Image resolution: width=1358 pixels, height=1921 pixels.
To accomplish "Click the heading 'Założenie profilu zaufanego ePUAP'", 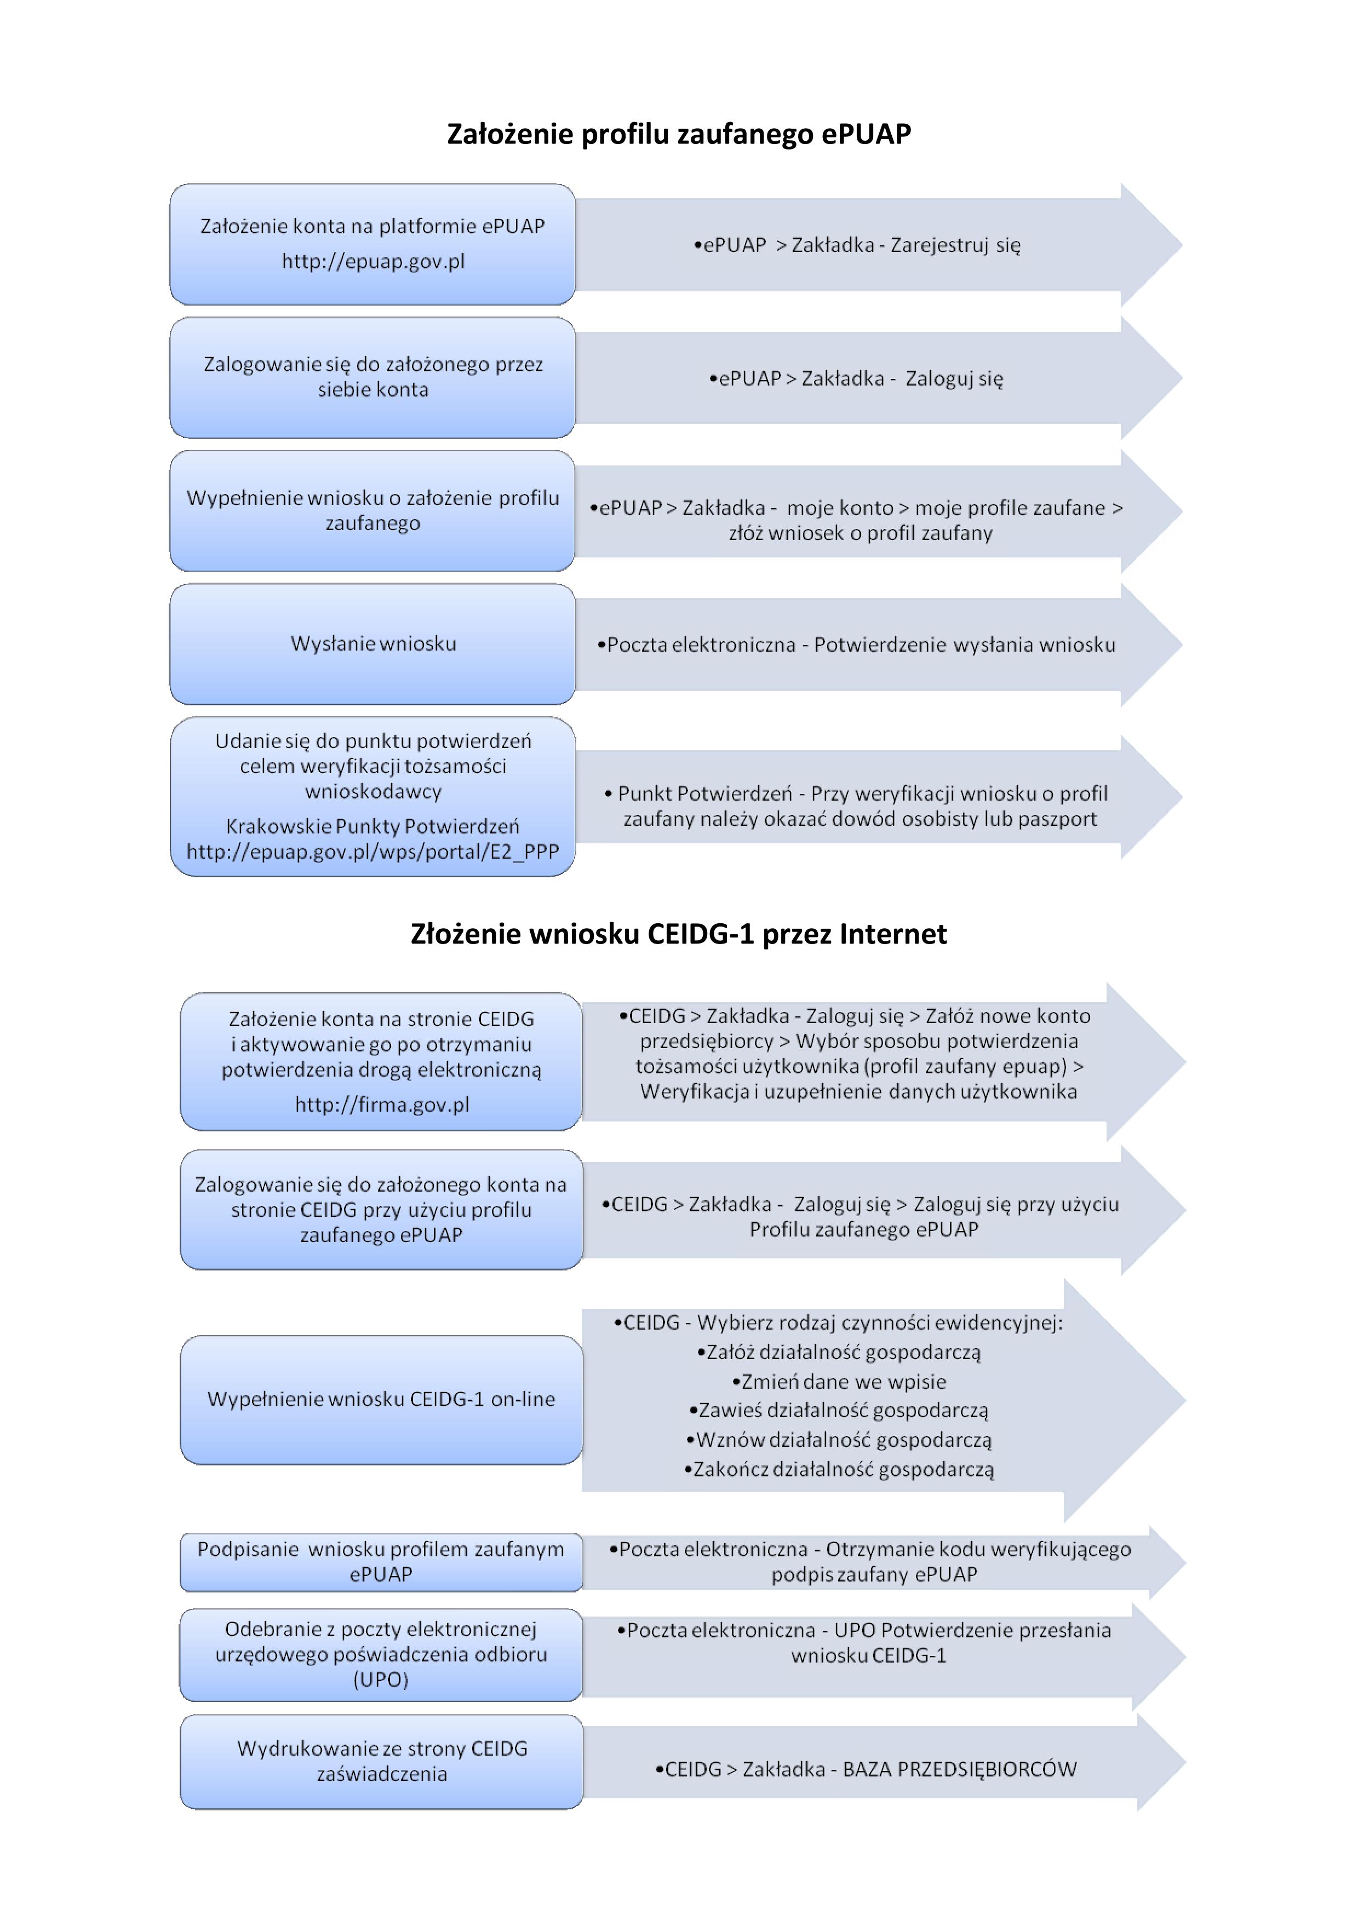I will (679, 134).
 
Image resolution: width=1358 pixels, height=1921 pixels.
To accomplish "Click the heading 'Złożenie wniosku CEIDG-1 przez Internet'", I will (679, 934).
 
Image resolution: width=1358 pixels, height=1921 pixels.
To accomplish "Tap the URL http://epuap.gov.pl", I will (373, 261).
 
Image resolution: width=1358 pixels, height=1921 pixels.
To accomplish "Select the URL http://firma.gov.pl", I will (382, 1105).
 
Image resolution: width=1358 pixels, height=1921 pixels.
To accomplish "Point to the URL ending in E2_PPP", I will (373, 852).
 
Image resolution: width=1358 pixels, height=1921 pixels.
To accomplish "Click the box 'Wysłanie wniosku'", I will (373, 643).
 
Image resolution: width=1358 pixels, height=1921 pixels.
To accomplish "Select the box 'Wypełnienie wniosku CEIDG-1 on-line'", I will (382, 1399).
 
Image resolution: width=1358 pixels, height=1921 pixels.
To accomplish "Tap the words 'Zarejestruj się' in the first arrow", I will (955, 245).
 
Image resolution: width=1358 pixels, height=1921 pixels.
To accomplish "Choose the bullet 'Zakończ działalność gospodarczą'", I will (839, 1469).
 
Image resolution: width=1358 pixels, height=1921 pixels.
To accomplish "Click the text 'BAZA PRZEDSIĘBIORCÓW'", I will (960, 1769).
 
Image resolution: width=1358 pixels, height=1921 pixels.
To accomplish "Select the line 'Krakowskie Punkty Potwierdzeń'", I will (373, 827).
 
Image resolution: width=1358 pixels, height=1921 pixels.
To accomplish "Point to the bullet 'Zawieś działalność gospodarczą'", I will (839, 1411).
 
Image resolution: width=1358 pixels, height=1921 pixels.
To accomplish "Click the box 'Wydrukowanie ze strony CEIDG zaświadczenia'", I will (382, 1761).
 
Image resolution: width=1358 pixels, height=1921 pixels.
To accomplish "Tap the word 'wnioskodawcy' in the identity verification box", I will (373, 791).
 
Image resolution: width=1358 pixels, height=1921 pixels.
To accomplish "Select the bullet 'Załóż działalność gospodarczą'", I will (839, 1352).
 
